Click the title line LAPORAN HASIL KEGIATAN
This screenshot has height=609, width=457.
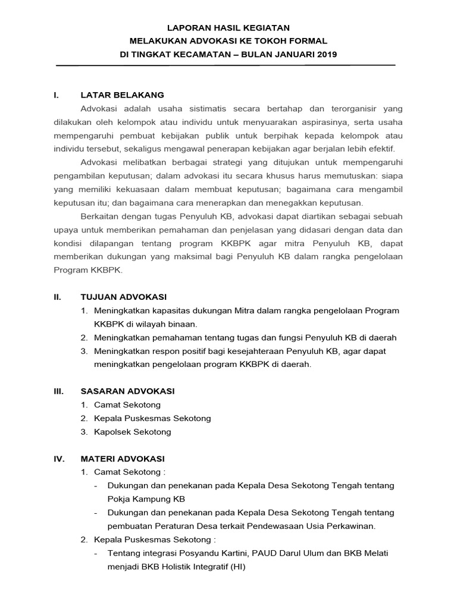click(228, 27)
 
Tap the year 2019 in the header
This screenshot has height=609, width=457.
click(326, 55)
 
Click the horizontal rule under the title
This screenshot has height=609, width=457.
click(225, 65)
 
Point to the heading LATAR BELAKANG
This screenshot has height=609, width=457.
click(122, 95)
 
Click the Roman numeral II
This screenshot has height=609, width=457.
click(57, 297)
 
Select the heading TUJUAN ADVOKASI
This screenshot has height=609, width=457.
click(124, 297)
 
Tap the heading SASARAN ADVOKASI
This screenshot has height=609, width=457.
click(127, 391)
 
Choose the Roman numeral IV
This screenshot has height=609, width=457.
click(58, 459)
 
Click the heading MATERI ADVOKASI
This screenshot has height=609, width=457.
click(123, 459)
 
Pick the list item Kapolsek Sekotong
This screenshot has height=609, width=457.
click(132, 432)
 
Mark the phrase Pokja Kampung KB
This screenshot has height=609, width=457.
click(146, 499)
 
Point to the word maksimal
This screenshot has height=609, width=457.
click(209, 256)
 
